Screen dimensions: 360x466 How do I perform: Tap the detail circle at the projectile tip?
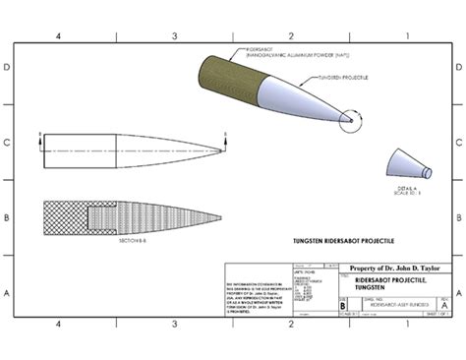tap(348, 121)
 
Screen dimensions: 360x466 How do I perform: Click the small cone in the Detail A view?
tap(403, 162)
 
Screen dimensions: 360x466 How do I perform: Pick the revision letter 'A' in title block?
tap(445, 305)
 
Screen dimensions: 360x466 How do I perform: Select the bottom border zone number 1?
tap(405, 324)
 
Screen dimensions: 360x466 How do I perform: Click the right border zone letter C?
tap(458, 143)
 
